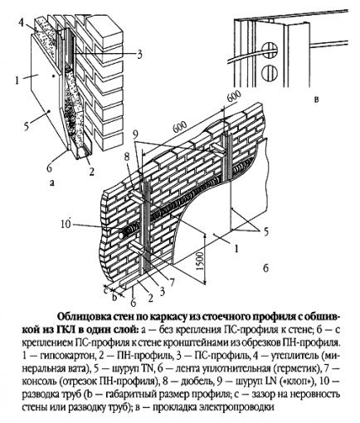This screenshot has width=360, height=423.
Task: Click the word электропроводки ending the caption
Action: (x=222, y=409)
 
